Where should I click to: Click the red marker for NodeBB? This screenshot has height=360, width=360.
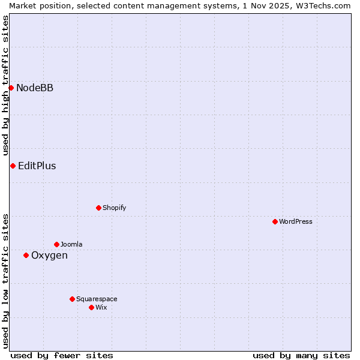11,88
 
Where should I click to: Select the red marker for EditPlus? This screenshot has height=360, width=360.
13,166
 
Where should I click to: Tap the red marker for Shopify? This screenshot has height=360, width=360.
98,208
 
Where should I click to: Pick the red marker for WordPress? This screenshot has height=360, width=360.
275,221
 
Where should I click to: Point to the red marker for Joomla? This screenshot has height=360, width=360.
56,244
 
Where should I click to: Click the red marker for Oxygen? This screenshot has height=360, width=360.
26,255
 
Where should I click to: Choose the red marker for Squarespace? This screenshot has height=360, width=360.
72,299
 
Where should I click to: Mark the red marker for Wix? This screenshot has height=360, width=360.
91,307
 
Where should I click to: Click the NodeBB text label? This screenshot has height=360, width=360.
35,88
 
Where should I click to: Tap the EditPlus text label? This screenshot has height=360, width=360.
37,166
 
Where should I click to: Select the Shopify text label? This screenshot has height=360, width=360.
115,208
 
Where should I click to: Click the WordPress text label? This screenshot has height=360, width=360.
296,221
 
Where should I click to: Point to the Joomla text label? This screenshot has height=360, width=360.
71,244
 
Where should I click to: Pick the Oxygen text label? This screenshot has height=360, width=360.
49,256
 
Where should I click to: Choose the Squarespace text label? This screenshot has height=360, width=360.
97,299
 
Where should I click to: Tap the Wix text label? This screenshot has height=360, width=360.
101,307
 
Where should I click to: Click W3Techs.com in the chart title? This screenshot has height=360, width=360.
323,5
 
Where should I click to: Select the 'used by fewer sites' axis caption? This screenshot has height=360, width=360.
62,355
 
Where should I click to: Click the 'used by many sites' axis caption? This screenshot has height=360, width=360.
301,355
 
